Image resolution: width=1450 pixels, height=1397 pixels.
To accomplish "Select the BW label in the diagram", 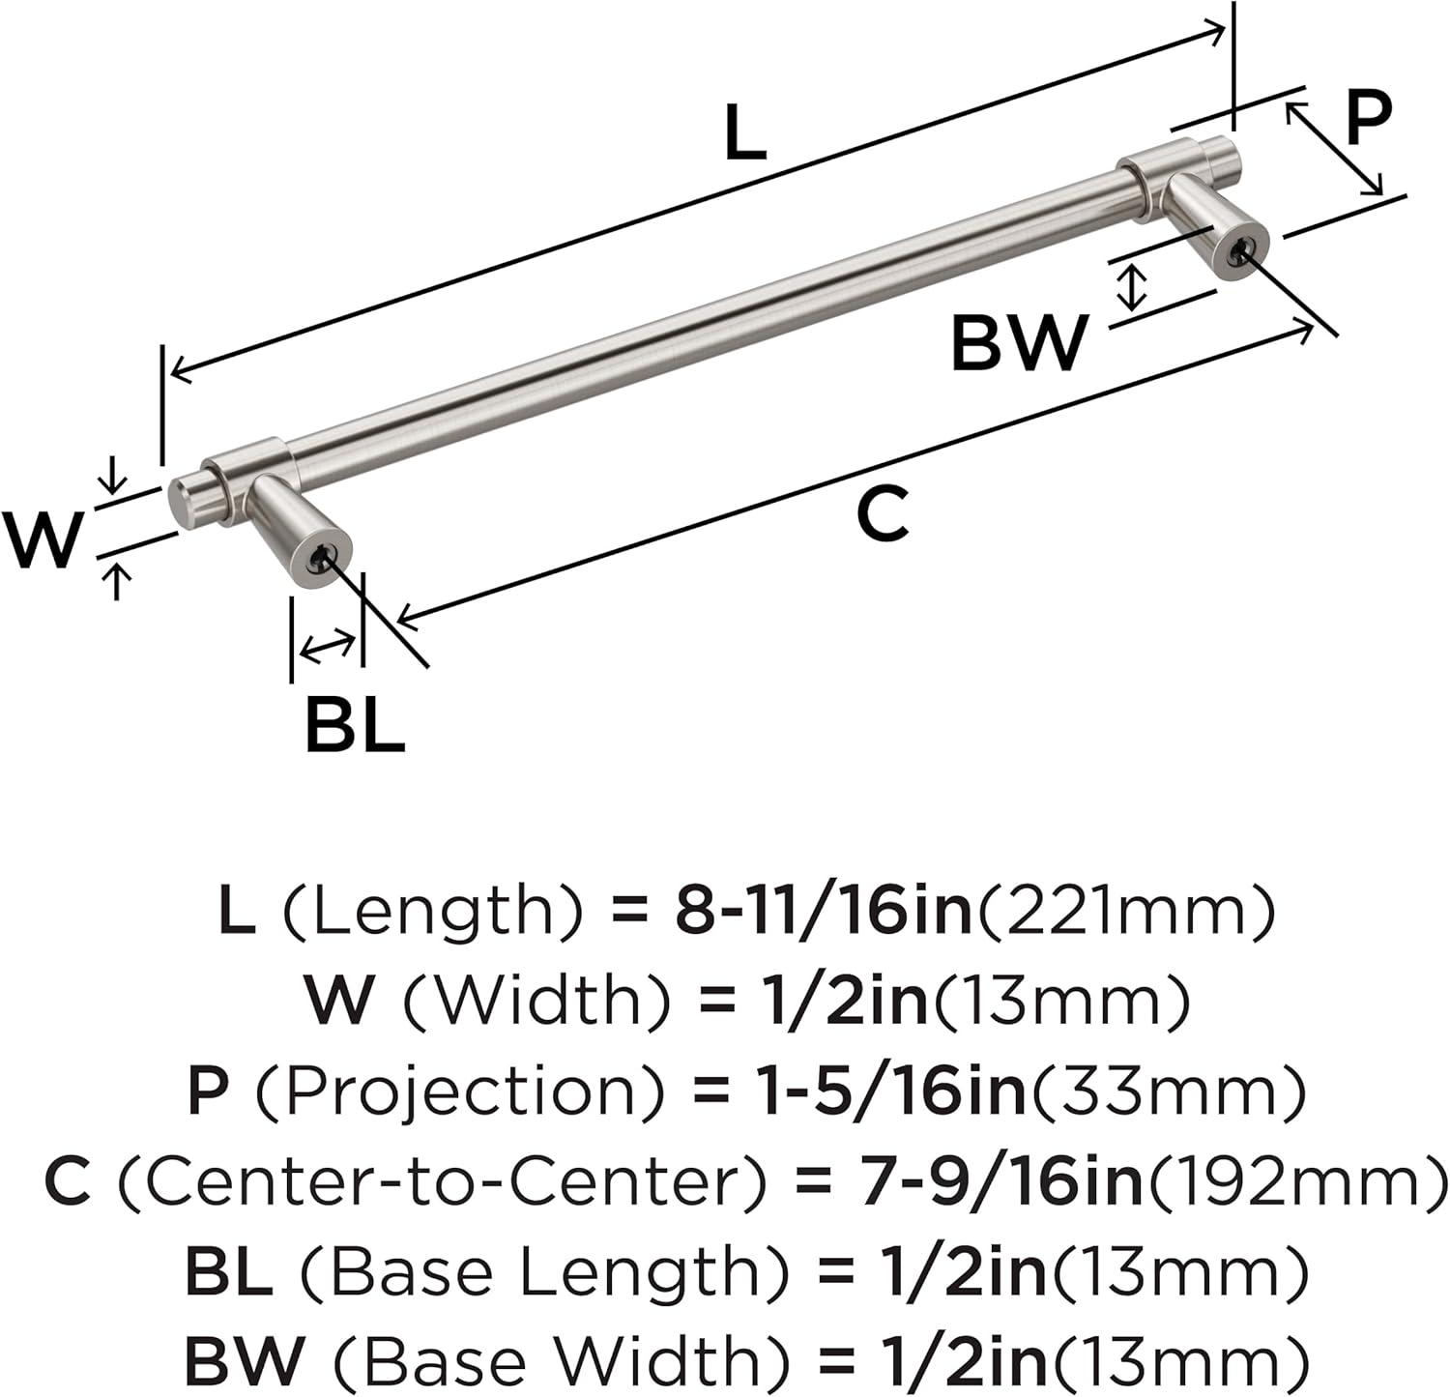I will click(1018, 343).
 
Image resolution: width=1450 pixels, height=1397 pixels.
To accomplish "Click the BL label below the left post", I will click(354, 725).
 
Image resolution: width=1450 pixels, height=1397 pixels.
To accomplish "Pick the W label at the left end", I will click(43, 538).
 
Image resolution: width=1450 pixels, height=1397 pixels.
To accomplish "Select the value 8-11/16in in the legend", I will click(823, 911).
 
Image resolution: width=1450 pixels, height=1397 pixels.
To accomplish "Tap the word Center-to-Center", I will click(443, 1180).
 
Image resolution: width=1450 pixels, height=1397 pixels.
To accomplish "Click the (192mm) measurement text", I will click(1296, 1180).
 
